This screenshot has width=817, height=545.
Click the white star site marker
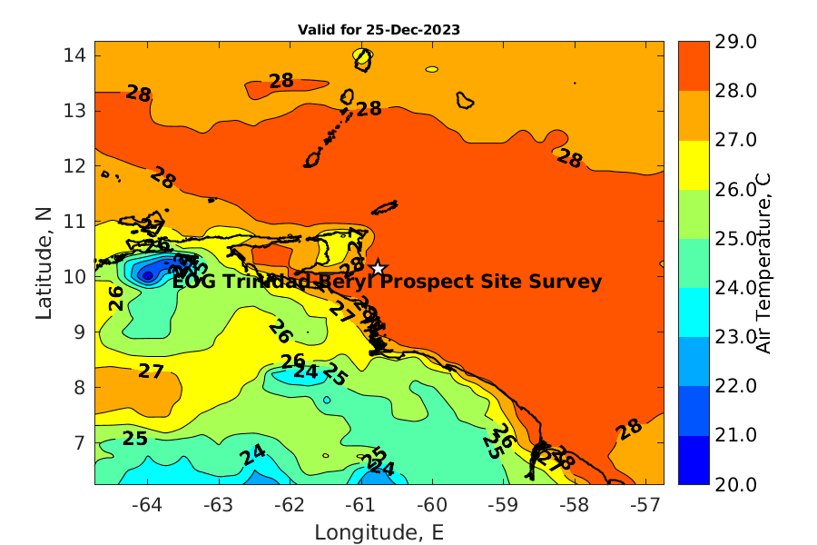379,267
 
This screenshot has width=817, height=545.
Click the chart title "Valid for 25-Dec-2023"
379,29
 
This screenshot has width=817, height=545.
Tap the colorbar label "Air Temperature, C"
763,263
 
